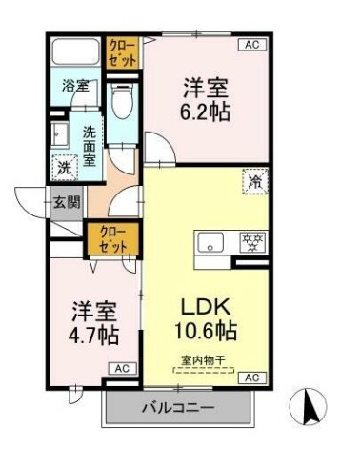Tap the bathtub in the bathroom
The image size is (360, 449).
75,51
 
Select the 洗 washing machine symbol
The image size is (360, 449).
62,166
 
